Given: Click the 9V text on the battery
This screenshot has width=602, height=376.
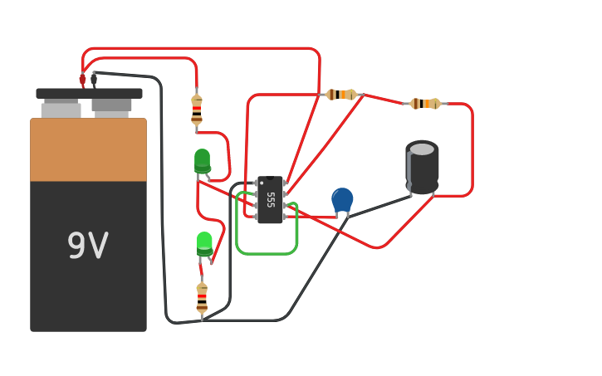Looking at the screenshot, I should tap(88, 247).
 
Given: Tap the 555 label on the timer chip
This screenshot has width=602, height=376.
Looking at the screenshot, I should tap(271, 199).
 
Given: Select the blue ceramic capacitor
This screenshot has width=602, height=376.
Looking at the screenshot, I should tap(342, 199).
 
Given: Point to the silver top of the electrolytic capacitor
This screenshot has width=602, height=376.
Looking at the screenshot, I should tap(422, 149).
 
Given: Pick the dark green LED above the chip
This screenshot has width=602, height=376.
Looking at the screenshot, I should tap(202, 161).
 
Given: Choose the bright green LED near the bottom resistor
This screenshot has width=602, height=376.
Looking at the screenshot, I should tap(204, 243).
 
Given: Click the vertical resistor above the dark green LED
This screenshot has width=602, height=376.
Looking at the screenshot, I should tap(197, 109).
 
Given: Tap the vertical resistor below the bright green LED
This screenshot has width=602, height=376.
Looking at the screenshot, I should tap(202, 298).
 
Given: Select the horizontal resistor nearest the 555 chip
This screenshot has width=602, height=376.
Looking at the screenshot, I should tap(341, 95).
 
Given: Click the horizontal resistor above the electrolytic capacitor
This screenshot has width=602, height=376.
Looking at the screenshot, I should tap(425, 104).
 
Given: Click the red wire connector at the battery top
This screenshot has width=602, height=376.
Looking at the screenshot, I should tap(82, 79).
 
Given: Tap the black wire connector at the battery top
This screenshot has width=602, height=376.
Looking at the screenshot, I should tap(94, 79).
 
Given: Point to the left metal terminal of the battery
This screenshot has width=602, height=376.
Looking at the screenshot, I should tap(61, 109).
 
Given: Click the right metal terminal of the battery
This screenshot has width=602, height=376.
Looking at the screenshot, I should tap(111, 107).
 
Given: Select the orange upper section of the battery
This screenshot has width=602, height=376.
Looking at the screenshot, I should tap(88, 150).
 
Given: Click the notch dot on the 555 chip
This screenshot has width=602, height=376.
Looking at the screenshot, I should tap(270, 178).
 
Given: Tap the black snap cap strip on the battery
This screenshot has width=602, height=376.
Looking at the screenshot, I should tap(89, 94).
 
